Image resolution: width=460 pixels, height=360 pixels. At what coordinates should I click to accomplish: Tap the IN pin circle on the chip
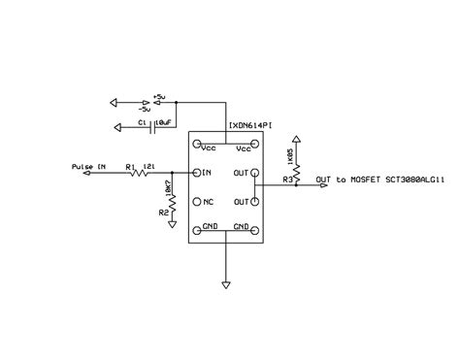pos(197,174)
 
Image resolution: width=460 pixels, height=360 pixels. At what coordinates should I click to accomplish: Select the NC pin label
pos(208,202)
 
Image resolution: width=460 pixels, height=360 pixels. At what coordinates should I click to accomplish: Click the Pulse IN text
pos(88,167)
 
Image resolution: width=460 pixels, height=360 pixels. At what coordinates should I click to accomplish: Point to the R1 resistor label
pos(130,167)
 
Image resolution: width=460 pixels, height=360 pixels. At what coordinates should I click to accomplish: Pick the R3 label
pos(287,180)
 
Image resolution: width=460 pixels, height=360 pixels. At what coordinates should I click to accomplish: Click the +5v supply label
pos(160,97)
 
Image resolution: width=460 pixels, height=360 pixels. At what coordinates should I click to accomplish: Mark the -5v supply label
pos(159,107)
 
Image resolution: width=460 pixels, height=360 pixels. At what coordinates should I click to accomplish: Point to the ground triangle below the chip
pos(225,285)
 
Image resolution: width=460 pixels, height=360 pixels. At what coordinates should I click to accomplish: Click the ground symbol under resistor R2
pos(171,223)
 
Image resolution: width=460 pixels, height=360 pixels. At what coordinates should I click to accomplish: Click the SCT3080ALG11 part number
pos(414,180)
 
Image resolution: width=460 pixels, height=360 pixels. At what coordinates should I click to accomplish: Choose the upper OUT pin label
pos(242,174)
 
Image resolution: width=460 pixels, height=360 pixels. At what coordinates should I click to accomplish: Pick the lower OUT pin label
pos(242,202)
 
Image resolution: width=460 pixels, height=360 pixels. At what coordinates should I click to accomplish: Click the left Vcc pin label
pos(208,148)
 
